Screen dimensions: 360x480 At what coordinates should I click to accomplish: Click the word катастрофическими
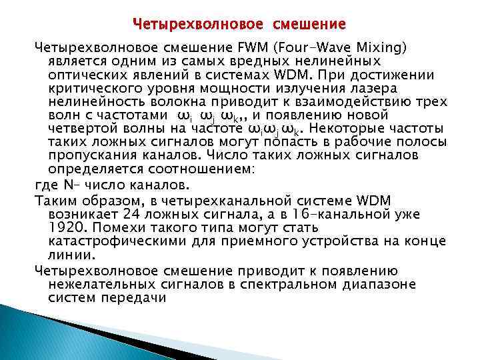pyautogui.click(x=123, y=241)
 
